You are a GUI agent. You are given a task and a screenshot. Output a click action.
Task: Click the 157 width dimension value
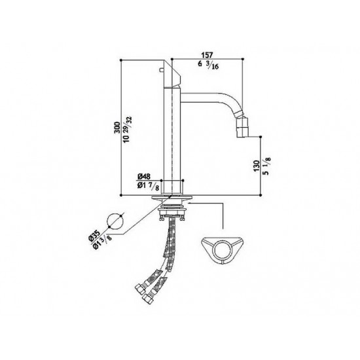(207, 56)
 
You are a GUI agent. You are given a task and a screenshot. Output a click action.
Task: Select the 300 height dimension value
(117, 128)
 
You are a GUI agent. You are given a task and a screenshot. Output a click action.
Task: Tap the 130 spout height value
(257, 166)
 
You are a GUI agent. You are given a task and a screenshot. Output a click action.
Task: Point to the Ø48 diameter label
(144, 177)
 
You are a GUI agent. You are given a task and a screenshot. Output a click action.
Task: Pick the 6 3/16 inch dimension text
(208, 65)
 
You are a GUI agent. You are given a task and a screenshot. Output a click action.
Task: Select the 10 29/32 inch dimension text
(128, 129)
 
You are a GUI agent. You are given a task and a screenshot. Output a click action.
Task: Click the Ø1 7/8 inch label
(148, 187)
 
